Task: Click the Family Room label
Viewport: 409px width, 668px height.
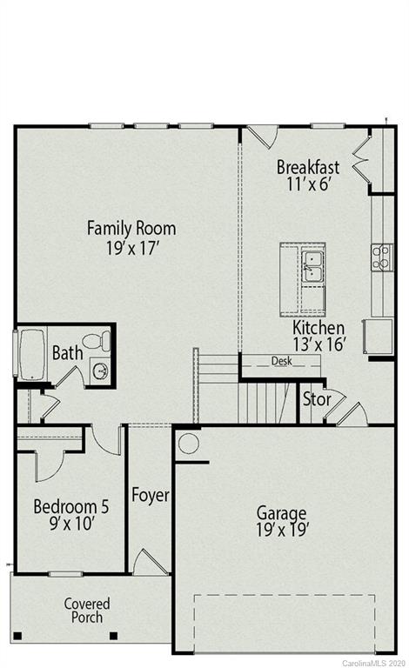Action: [131, 237]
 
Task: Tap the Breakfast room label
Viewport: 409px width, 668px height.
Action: [308, 174]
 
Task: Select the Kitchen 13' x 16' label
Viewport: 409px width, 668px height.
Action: [319, 336]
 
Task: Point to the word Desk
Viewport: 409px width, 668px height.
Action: [280, 361]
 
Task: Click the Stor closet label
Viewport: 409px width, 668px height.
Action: [315, 400]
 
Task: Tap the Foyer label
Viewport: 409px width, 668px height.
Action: [150, 495]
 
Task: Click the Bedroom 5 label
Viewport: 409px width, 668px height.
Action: [70, 514]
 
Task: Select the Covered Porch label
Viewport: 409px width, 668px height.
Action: [87, 610]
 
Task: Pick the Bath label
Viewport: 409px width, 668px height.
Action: [67, 353]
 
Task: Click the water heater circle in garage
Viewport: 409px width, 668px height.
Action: [189, 444]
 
